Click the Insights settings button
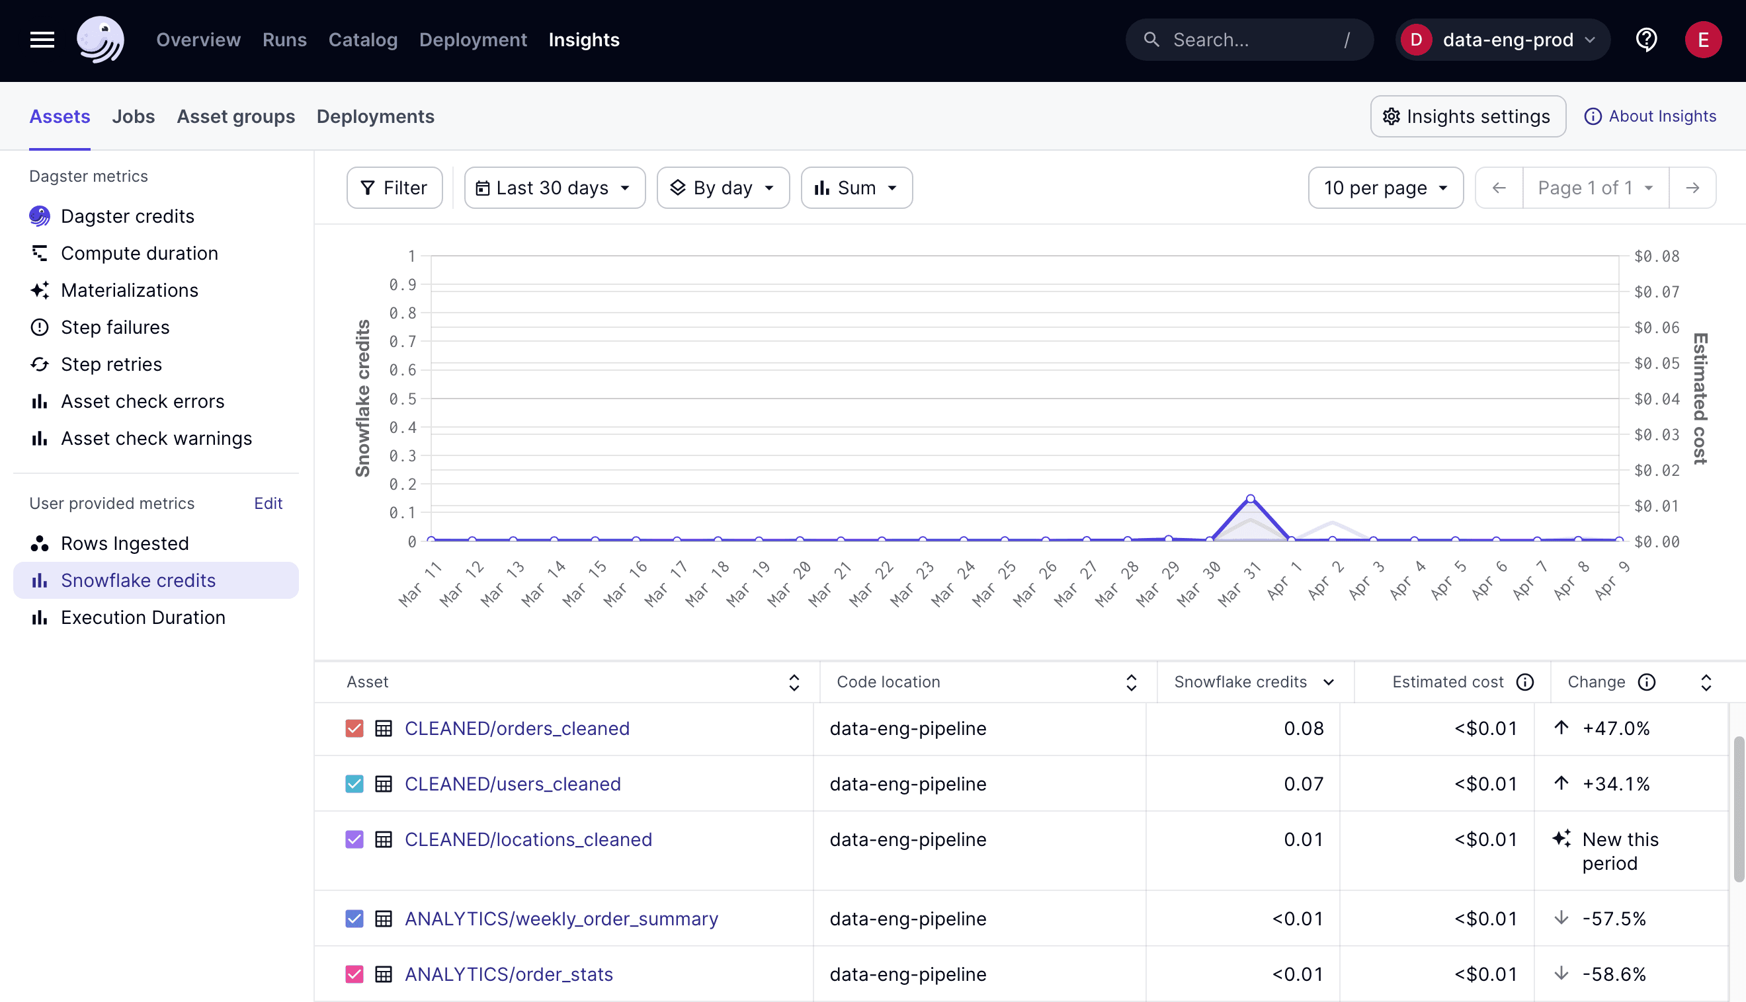tap(1467, 116)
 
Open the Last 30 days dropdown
tap(554, 188)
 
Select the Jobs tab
tap(133, 116)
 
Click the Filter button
tap(394, 188)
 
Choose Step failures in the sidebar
tap(114, 327)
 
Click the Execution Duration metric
tap(142, 617)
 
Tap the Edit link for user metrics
tap(268, 503)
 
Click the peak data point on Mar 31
tap(1250, 499)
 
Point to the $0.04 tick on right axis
tap(1657, 399)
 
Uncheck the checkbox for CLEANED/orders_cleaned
tap(354, 728)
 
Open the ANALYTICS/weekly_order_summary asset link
tap(560, 919)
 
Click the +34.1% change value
tap(1615, 784)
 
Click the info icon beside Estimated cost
tap(1525, 682)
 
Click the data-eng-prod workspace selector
tap(1502, 40)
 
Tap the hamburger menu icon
tap(42, 40)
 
